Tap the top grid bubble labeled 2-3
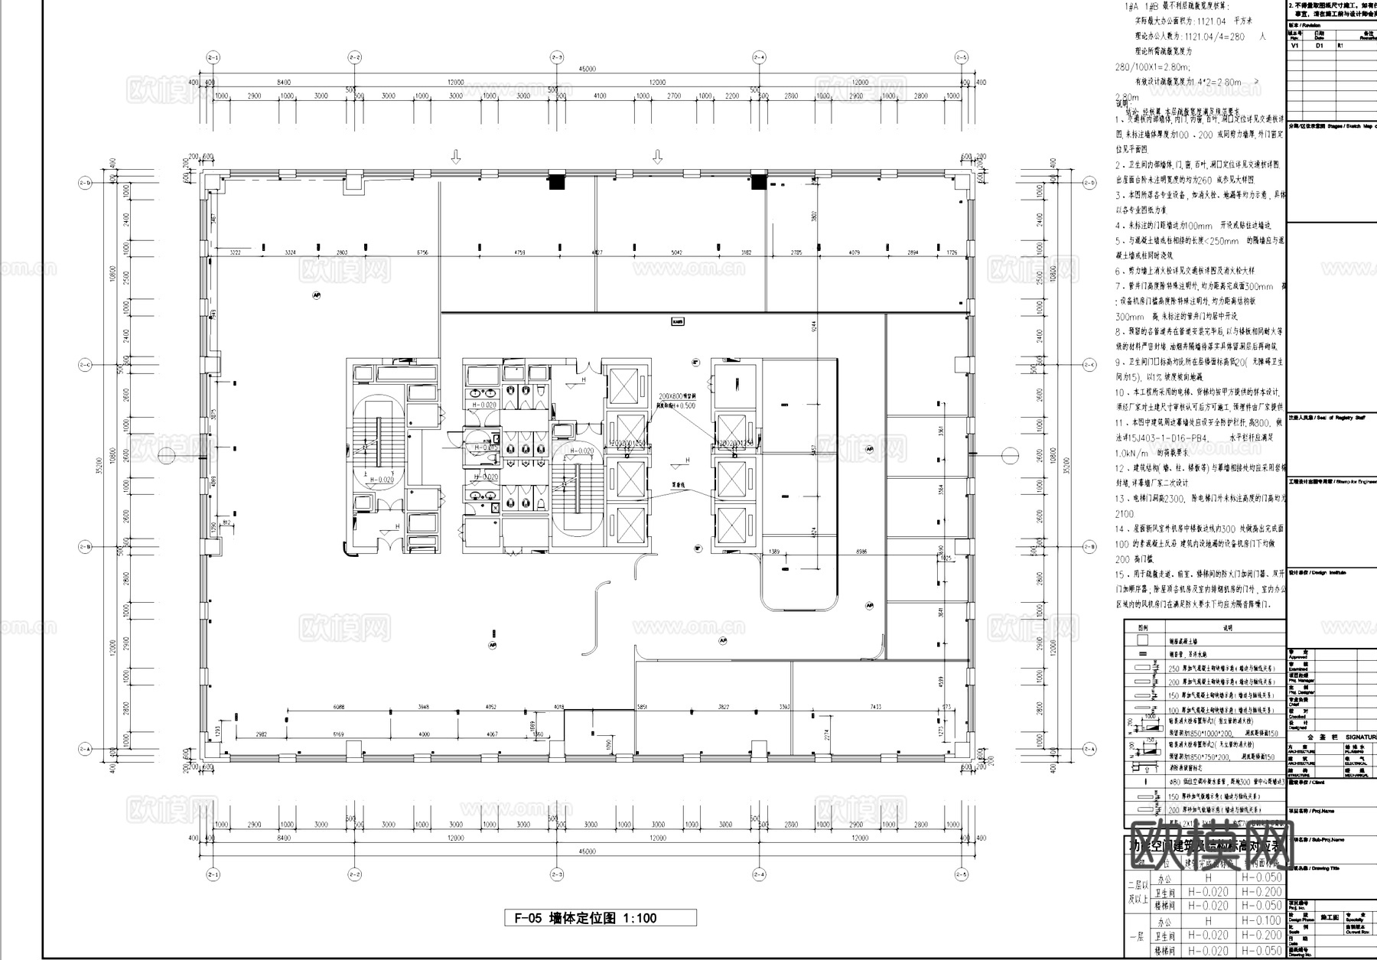[557, 57]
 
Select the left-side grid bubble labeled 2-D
[84, 183]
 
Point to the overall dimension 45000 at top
[588, 69]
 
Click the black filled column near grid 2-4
[757, 181]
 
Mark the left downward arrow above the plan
[456, 157]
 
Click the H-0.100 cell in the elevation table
[1261, 922]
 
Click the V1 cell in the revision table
[1295, 45]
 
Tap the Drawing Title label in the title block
[1315, 868]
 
